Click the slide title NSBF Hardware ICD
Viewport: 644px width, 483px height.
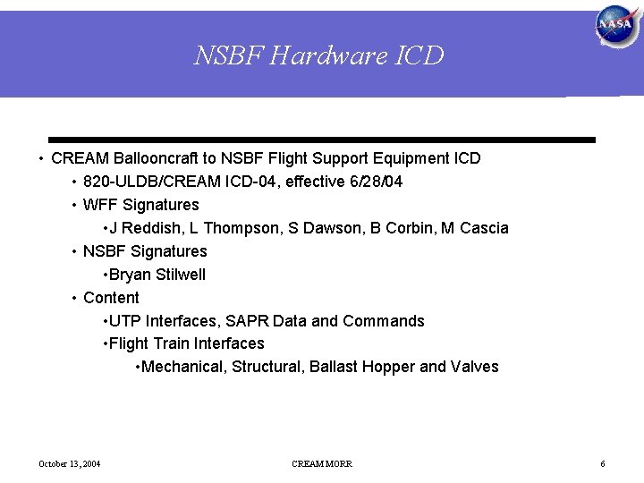tap(319, 56)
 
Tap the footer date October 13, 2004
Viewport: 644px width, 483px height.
tap(69, 463)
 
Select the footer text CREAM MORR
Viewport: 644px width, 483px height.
tap(322, 463)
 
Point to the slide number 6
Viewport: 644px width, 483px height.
tap(603, 463)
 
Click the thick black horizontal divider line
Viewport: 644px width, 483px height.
tap(322, 140)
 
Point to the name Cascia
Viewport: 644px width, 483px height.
tap(484, 228)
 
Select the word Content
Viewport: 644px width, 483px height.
tap(111, 298)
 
